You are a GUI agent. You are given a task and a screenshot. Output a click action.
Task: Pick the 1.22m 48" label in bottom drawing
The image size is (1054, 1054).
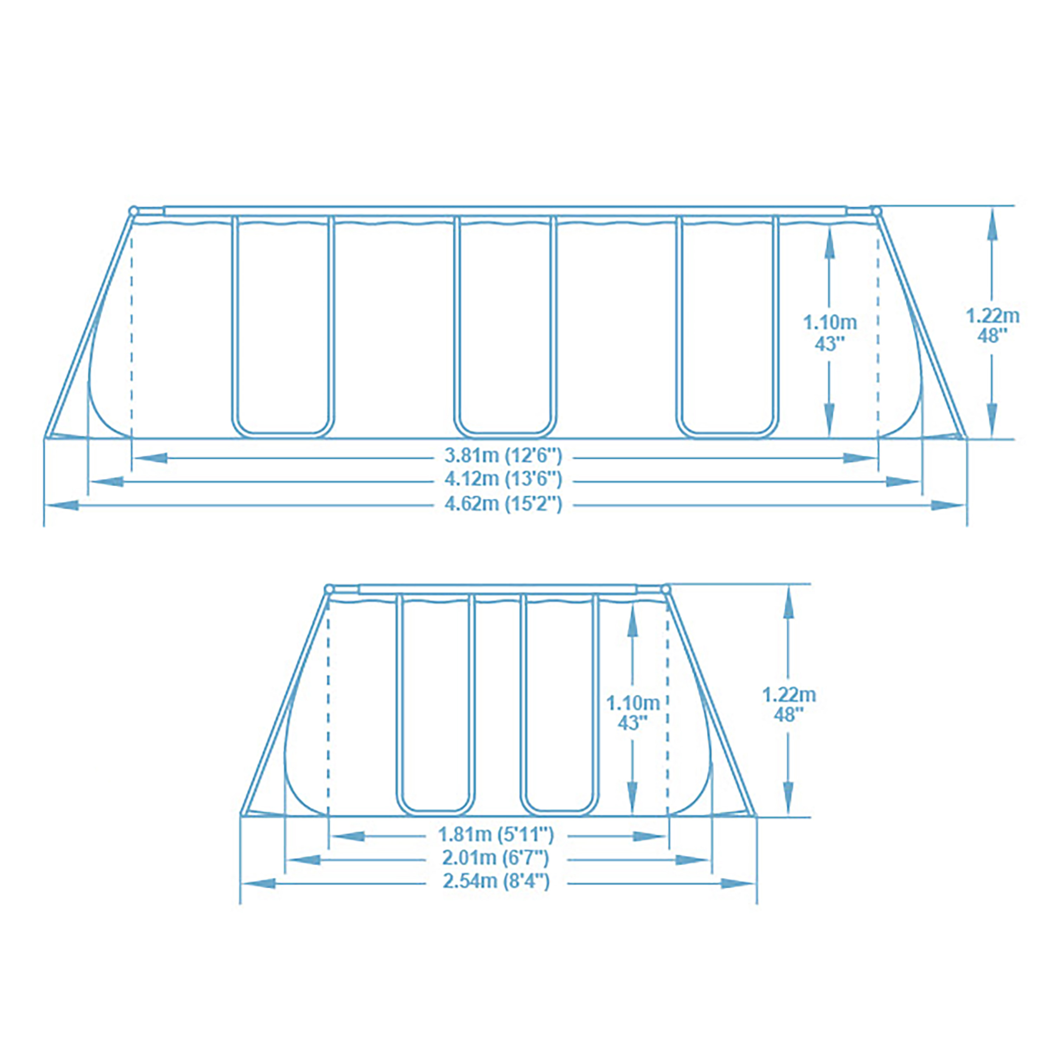pos(789,704)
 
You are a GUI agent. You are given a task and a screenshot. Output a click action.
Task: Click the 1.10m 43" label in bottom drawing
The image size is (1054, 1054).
pos(633,713)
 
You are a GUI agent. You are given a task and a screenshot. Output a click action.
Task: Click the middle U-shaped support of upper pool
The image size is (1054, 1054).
pos(506,327)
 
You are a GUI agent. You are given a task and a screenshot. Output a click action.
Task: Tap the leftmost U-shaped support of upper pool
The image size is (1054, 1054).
pos(283,327)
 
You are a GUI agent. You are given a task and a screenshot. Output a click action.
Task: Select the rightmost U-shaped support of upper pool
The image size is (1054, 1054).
pos(728,327)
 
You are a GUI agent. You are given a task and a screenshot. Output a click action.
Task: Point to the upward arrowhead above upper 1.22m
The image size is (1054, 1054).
pos(992,224)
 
